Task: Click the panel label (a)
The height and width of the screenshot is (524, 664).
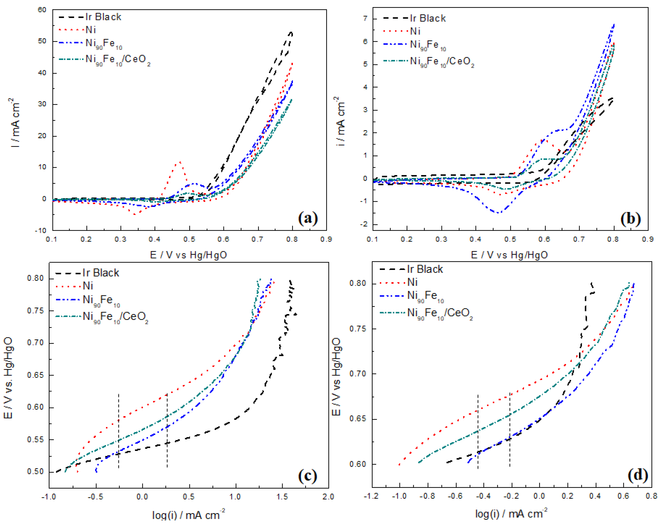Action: pos(308,218)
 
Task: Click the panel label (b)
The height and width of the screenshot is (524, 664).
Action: pos(630,219)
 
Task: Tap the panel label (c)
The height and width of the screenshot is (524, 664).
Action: pos(307,476)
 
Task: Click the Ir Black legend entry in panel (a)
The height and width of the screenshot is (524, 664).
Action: pos(103,17)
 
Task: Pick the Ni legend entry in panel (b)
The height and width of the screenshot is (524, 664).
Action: pos(415,31)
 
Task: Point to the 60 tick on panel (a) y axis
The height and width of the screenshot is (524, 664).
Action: pos(42,10)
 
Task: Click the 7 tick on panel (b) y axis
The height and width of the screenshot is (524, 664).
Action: pos(365,19)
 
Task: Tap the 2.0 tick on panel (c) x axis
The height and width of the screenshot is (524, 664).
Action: pos(328,497)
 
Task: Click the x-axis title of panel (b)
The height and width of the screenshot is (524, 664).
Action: pos(509,255)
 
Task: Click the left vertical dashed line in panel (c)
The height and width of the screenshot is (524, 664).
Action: pos(118,429)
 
